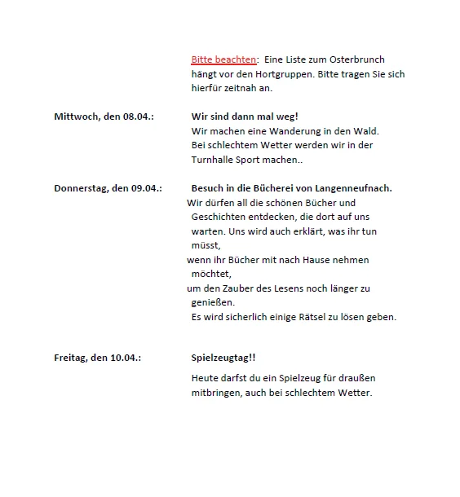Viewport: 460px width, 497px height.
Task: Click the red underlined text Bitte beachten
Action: (x=223, y=59)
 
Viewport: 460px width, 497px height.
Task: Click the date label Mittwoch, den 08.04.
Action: (x=104, y=117)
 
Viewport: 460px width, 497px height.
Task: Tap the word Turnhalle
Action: (x=214, y=160)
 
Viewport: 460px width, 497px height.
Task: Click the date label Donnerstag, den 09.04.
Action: (x=108, y=188)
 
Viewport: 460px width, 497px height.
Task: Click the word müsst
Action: (x=206, y=244)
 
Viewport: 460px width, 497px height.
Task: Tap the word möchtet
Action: (x=211, y=274)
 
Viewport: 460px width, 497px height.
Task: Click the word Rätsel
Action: (x=318, y=317)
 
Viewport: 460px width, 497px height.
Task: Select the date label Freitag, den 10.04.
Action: (x=97, y=358)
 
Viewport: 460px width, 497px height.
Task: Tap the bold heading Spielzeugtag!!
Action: (x=223, y=358)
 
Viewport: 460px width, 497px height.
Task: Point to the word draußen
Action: (x=356, y=378)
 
